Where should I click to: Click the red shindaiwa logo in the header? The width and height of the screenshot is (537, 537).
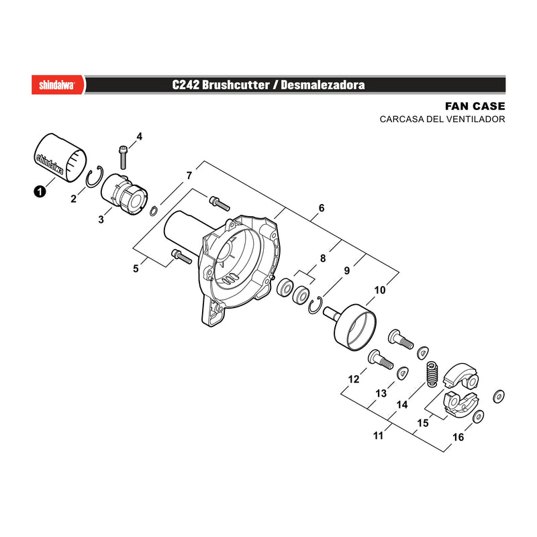pyautogui.click(x=58, y=85)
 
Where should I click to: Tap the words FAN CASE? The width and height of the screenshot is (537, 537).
pyautogui.click(x=475, y=106)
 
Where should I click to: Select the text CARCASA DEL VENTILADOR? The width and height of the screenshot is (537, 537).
pyautogui.click(x=442, y=119)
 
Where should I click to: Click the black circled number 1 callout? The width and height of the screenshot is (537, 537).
pyautogui.click(x=40, y=191)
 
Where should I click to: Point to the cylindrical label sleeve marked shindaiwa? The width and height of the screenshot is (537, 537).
pyautogui.click(x=60, y=158)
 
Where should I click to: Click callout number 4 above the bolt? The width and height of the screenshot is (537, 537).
pyautogui.click(x=140, y=136)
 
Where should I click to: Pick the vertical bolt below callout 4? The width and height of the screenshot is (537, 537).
pyautogui.click(x=123, y=158)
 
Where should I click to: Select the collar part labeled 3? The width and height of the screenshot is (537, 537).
pyautogui.click(x=124, y=194)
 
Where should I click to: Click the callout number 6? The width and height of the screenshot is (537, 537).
pyautogui.click(x=322, y=208)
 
